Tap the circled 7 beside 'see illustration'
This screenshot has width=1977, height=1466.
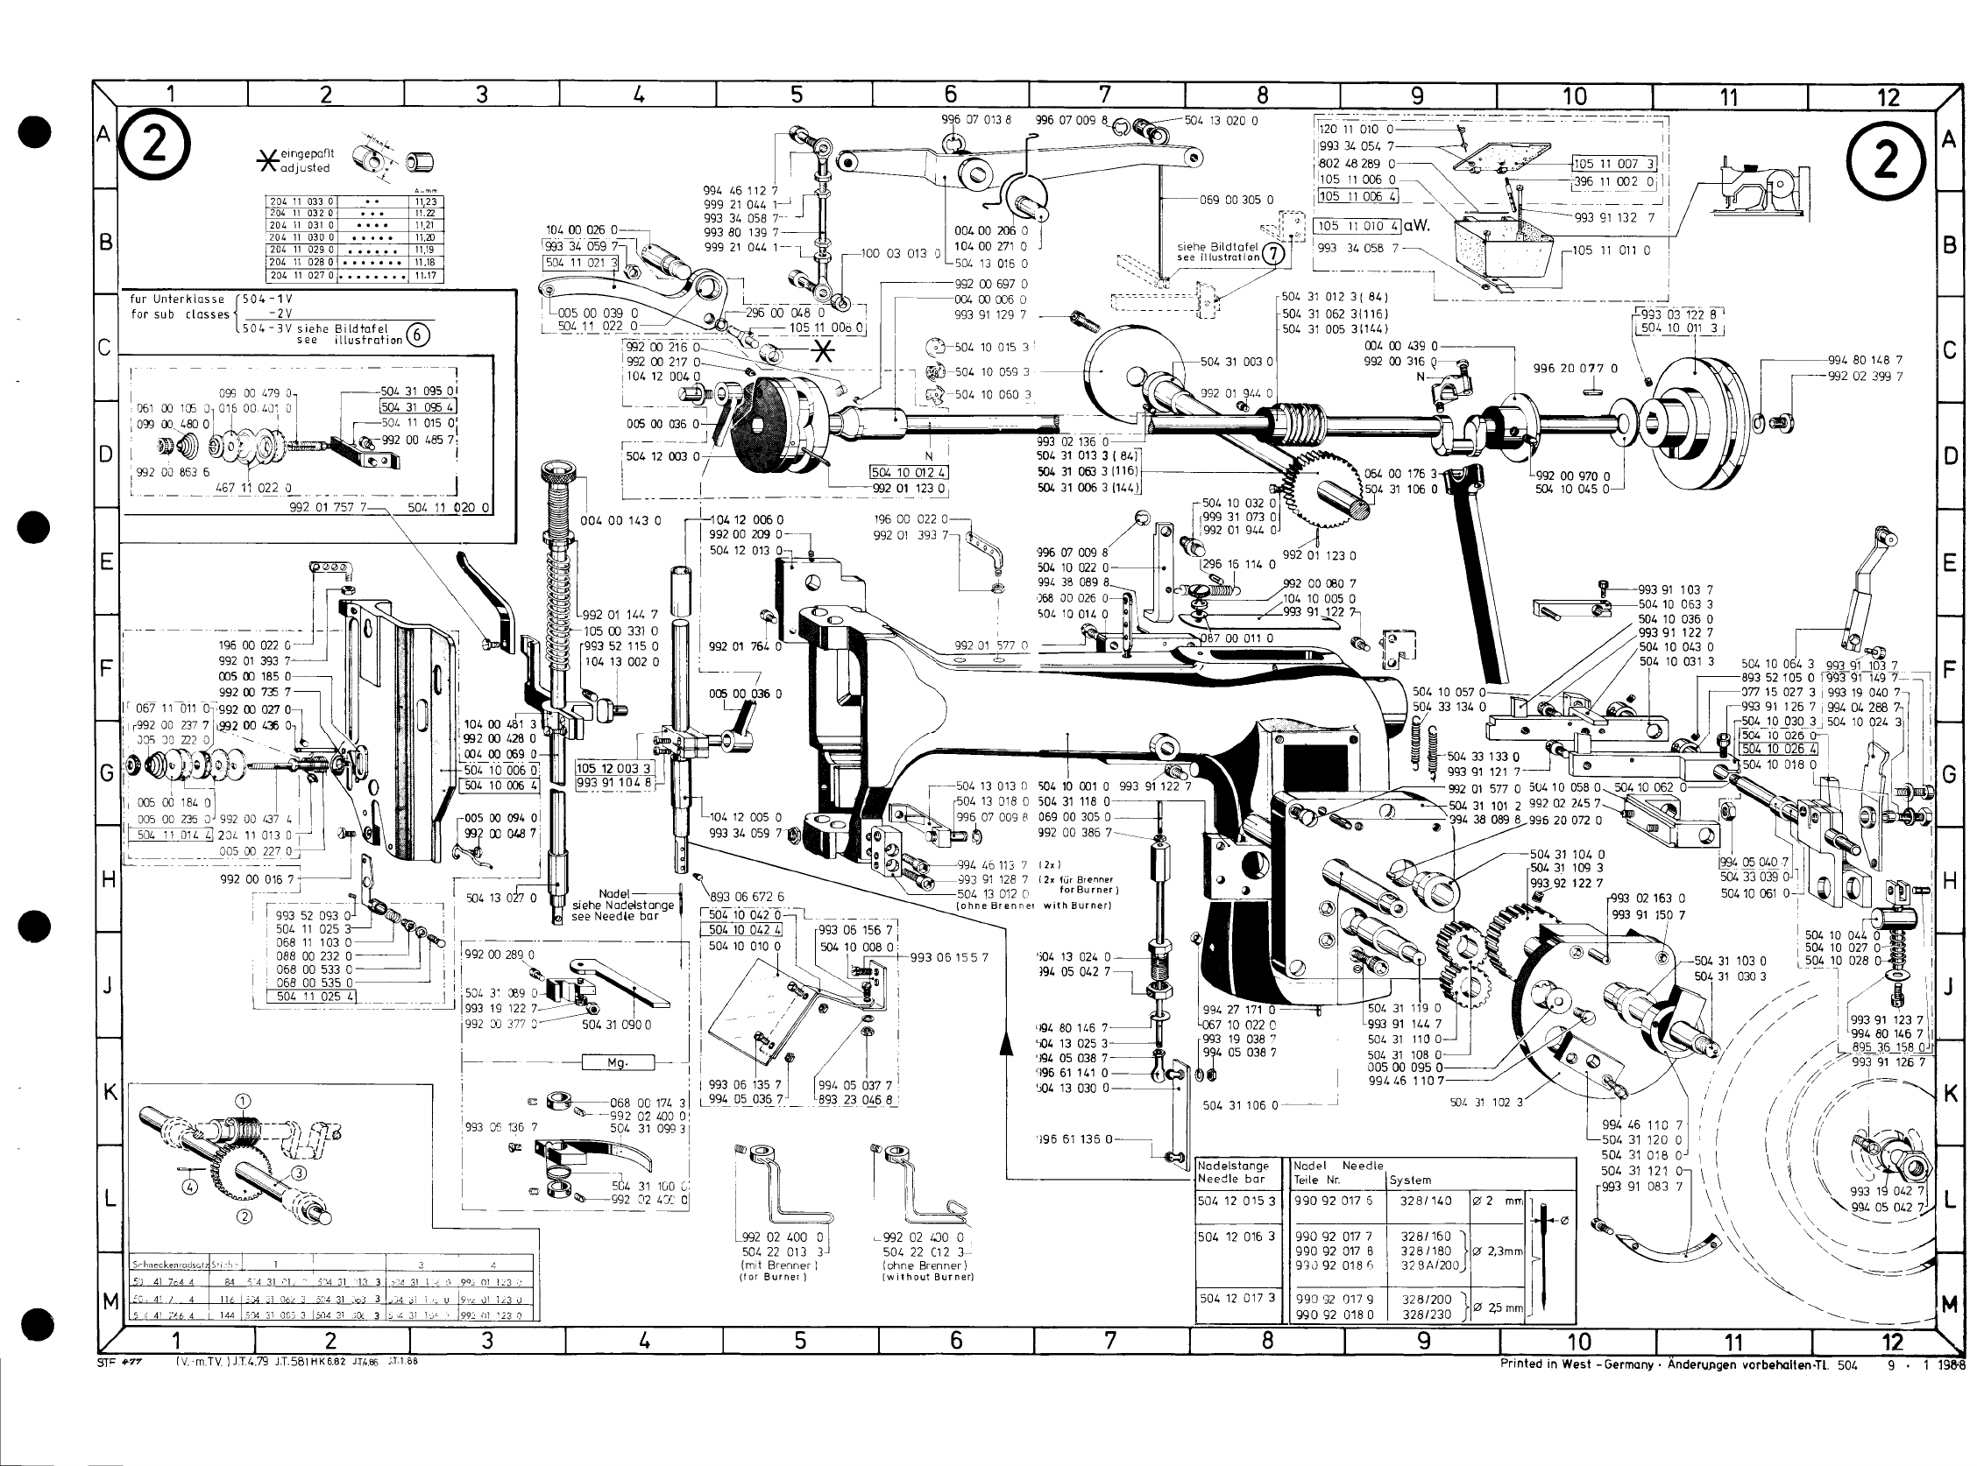(1274, 253)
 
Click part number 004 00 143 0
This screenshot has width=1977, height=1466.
(620, 521)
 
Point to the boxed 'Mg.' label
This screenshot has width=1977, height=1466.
(617, 1062)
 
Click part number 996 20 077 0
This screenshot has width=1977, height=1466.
(1575, 369)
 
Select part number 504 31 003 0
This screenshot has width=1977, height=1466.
(1236, 362)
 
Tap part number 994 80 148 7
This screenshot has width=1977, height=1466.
(1864, 360)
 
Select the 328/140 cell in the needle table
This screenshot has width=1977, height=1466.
(1426, 1201)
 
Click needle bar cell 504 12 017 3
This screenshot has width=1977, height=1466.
(1236, 1297)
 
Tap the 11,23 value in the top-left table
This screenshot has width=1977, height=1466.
(424, 201)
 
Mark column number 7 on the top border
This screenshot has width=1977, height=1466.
(1104, 95)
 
